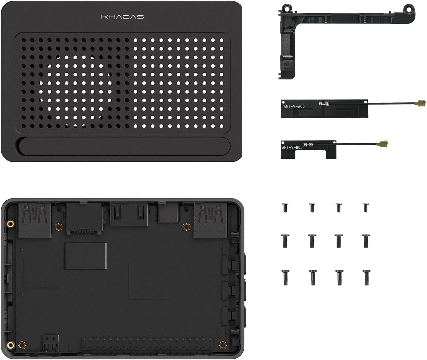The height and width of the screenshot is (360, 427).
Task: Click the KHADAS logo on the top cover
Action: (122, 17)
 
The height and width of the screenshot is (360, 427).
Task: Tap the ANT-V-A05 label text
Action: (294, 106)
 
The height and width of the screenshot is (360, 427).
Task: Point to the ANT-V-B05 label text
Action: (292, 147)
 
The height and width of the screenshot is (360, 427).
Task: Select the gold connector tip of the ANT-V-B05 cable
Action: (383, 144)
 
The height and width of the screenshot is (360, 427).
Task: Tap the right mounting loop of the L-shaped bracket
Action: (409, 8)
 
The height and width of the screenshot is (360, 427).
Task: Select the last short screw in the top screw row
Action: (365, 207)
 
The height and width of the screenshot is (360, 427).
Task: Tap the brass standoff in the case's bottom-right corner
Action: (223, 345)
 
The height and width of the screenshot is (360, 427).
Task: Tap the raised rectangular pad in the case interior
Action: (85, 255)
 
